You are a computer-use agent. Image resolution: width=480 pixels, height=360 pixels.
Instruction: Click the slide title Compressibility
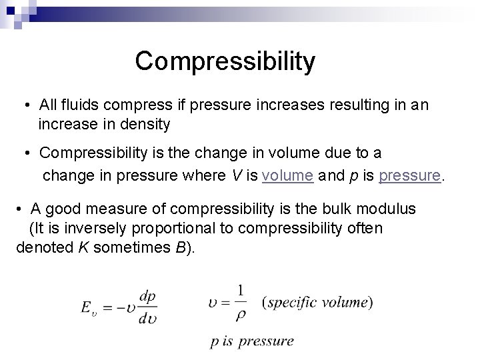click(225, 61)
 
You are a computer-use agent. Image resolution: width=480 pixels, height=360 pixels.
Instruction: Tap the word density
click(148, 123)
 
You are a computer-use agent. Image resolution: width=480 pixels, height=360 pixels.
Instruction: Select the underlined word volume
click(288, 176)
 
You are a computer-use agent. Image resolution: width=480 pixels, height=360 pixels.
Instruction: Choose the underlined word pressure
click(409, 176)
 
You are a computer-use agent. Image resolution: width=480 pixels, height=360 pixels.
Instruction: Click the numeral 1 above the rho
click(241, 290)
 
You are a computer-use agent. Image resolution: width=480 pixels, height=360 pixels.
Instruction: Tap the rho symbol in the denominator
click(241, 315)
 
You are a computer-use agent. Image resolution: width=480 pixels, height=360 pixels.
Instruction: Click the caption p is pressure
click(251, 341)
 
